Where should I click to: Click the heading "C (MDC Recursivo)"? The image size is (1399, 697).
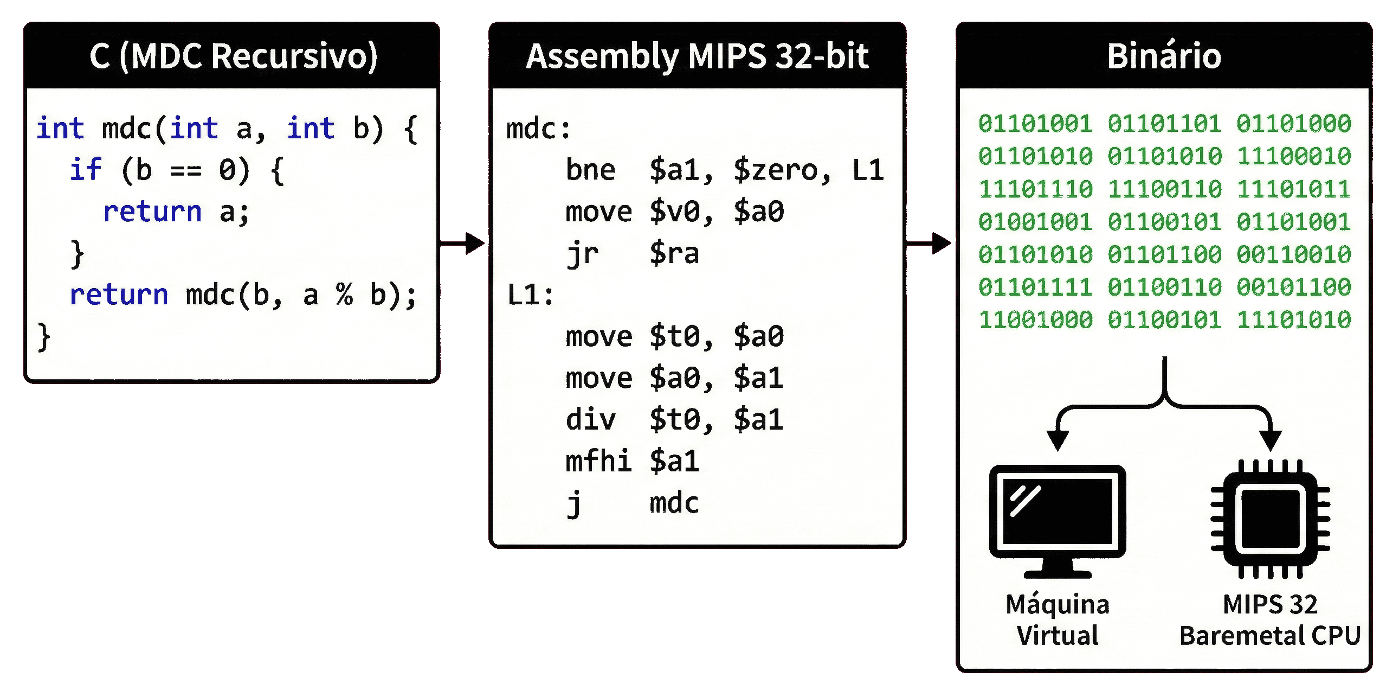pyautogui.click(x=233, y=56)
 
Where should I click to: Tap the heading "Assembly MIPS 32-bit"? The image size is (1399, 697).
pyautogui.click(x=697, y=56)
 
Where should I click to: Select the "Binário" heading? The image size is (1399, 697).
pyautogui.click(x=1164, y=56)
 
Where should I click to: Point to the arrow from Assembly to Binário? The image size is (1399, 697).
pyautogui.click(x=929, y=243)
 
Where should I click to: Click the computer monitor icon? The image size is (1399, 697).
pyautogui.click(x=1058, y=519)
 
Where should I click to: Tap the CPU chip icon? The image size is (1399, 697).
pyautogui.click(x=1270, y=518)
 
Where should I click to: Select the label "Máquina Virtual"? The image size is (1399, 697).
pyautogui.click(x=1058, y=620)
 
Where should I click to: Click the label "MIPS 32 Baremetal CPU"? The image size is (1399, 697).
pyautogui.click(x=1270, y=620)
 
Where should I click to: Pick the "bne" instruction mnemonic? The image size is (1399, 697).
pyautogui.click(x=590, y=170)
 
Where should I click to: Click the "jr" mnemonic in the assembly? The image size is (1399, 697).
pyautogui.click(x=582, y=254)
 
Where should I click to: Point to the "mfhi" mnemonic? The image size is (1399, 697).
pyautogui.click(x=598, y=461)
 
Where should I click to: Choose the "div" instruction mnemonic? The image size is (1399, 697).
pyautogui.click(x=590, y=420)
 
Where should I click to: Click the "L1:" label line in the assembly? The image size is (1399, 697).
pyautogui.click(x=530, y=295)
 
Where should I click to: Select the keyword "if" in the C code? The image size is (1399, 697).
pyautogui.click(x=86, y=169)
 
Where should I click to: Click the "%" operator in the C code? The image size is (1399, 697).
pyautogui.click(x=344, y=295)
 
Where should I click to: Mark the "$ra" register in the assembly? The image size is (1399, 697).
pyautogui.click(x=674, y=254)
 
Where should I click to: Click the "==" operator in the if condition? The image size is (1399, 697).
pyautogui.click(x=186, y=170)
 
